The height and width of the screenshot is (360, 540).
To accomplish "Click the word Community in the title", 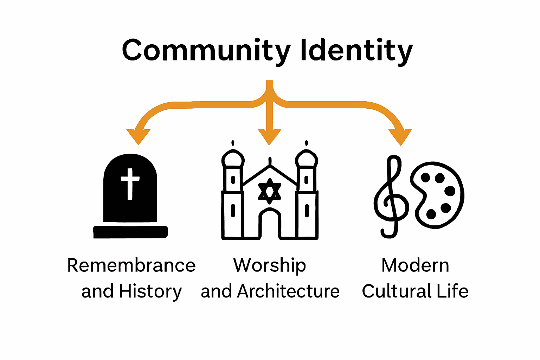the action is (206, 50).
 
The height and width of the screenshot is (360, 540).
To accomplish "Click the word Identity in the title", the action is (356, 50).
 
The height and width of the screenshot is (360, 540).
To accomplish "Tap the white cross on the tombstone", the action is (130, 183).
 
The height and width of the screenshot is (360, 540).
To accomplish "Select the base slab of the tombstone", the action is (130, 232).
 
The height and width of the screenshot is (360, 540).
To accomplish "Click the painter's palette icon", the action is (438, 195).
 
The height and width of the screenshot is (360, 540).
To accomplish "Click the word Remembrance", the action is (131, 265).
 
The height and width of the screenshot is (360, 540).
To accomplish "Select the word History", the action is (150, 291).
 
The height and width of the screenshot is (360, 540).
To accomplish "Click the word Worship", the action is (270, 265).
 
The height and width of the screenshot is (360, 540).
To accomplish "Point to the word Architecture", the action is (288, 291).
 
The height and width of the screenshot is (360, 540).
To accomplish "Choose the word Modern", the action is (415, 265).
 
